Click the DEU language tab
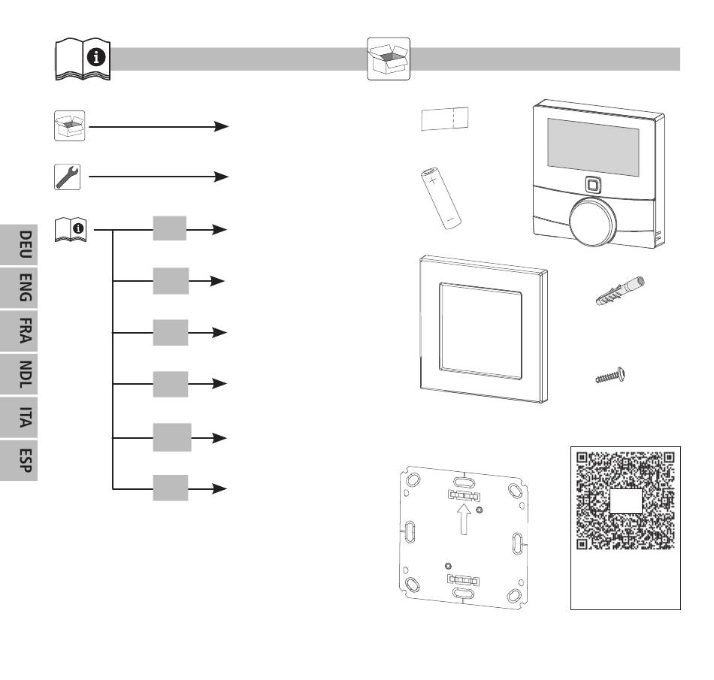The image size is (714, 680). [x=19, y=245]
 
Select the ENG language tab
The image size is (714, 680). [x=19, y=288]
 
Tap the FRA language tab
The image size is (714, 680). [x=19, y=331]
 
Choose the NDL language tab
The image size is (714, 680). [x=19, y=374]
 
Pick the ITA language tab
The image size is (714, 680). [x=19, y=417]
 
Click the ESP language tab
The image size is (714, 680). [x=19, y=460]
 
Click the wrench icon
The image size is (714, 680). [x=68, y=177]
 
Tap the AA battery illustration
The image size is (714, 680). [x=440, y=198]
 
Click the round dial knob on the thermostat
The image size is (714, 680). [x=592, y=222]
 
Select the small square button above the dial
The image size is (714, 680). [x=592, y=185]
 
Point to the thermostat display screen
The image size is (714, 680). [x=593, y=147]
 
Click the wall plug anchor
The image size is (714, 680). [x=620, y=290]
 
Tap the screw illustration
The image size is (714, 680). [x=610, y=376]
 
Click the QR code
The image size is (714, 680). [x=625, y=500]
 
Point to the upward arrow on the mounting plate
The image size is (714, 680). [x=464, y=519]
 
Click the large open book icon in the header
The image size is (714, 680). [x=83, y=59]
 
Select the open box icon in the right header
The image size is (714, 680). [x=389, y=59]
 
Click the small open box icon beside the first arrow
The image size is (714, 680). [x=69, y=125]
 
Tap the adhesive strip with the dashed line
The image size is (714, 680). [x=444, y=119]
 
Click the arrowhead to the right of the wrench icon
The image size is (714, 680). [x=221, y=177]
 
